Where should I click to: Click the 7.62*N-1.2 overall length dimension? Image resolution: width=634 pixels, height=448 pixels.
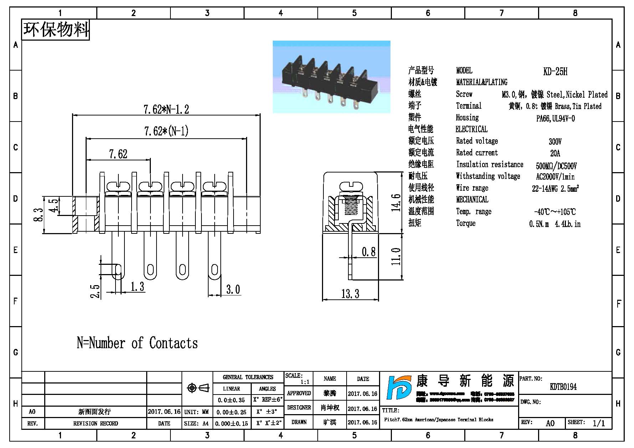[166, 109]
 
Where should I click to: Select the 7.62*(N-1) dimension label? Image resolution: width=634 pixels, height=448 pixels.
[166, 131]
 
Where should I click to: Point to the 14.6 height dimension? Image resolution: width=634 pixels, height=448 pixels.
[396, 202]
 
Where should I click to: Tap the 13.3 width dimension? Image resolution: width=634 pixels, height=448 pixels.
[350, 294]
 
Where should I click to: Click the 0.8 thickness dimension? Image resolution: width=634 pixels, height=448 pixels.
[369, 252]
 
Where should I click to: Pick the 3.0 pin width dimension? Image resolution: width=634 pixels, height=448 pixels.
[233, 289]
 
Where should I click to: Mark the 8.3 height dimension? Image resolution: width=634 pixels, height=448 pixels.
[38, 215]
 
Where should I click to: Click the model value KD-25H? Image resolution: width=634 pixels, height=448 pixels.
[555, 71]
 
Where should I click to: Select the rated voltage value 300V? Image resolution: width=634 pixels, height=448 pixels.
[555, 141]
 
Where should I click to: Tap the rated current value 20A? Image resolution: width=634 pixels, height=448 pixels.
[555, 153]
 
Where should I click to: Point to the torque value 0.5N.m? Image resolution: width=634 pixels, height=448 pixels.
[539, 224]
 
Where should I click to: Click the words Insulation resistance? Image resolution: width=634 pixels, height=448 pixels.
[490, 164]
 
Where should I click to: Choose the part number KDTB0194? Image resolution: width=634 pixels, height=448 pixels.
[563, 387]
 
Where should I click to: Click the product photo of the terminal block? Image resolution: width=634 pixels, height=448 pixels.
[331, 77]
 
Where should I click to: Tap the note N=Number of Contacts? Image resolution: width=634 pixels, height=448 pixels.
[137, 343]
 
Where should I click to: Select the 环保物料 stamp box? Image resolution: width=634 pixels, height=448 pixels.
[56, 30]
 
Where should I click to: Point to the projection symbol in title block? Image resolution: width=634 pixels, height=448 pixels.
[198, 388]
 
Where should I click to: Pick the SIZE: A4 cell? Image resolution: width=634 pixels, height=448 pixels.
[196, 423]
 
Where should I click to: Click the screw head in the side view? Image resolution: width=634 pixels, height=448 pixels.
[351, 186]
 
